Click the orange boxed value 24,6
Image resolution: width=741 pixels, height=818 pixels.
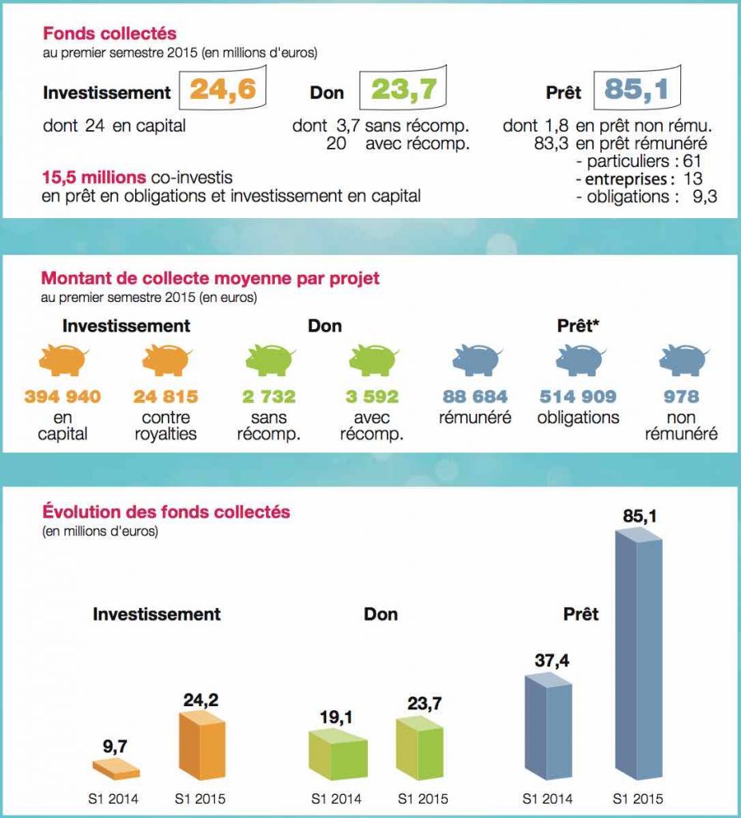(x=222, y=89)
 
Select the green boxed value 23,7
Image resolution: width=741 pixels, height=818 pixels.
(x=404, y=89)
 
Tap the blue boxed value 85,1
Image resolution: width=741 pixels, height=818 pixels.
(x=636, y=89)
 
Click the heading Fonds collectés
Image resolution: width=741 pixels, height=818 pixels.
(x=110, y=34)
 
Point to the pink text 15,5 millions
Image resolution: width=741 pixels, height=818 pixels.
(x=94, y=177)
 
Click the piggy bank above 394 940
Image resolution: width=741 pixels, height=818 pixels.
(x=63, y=360)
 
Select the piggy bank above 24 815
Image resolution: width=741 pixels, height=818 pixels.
(x=166, y=360)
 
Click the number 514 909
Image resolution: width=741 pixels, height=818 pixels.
(x=578, y=396)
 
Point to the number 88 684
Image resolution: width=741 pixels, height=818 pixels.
(x=475, y=396)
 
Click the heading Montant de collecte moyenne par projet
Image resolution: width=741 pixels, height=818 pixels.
(x=210, y=278)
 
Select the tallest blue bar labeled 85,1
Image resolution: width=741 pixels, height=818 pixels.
(x=639, y=655)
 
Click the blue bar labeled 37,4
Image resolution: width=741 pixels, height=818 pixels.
(x=548, y=727)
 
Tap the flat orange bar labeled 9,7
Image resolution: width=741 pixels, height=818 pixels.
(x=116, y=770)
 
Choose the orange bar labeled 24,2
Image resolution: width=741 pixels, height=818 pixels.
(x=202, y=746)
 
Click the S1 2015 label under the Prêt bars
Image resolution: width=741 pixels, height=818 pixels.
(x=638, y=799)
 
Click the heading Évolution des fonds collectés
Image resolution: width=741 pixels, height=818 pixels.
(x=166, y=512)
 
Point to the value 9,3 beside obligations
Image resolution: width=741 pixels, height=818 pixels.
(x=705, y=197)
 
